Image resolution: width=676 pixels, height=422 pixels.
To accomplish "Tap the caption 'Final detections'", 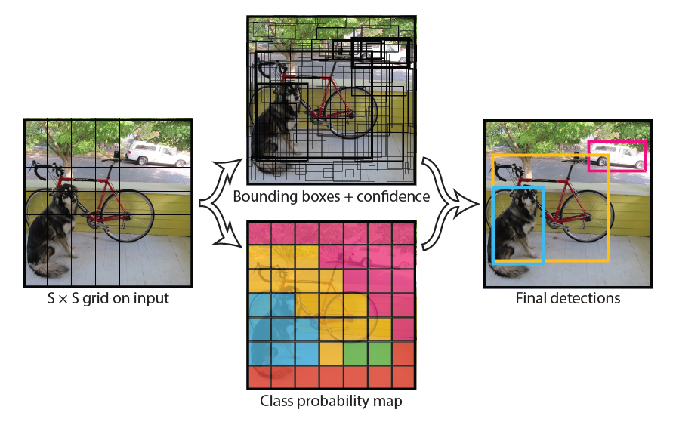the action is [568, 298].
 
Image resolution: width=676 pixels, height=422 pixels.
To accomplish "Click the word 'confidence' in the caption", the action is [394, 196].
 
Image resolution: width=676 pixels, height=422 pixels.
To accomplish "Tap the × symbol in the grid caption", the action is [63, 299].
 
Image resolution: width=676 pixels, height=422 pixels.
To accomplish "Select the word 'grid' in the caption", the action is [94, 299].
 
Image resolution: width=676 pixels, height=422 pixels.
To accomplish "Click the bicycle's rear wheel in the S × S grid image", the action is [128, 215].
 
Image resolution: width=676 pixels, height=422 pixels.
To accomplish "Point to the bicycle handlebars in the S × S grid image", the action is [45, 169].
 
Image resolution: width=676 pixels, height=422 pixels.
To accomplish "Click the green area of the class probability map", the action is [368, 353].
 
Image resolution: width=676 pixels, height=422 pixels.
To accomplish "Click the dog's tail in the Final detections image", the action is [509, 271].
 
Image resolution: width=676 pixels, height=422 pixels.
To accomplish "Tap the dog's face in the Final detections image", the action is [527, 199].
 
